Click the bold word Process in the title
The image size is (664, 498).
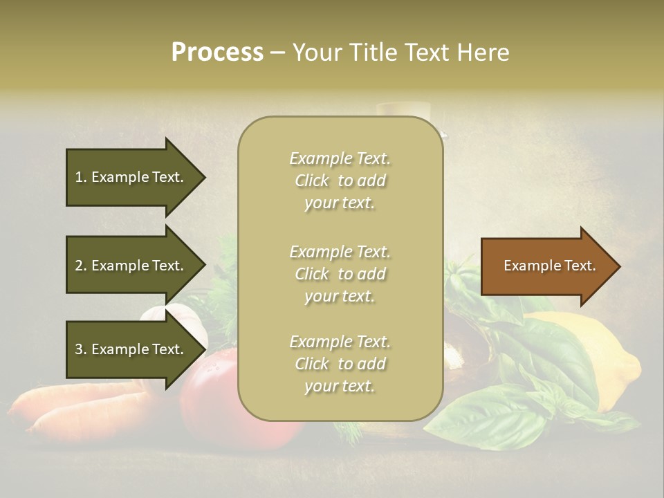tap(217, 53)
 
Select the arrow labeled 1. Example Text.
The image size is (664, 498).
tap(131, 177)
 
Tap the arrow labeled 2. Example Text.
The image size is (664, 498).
tap(131, 266)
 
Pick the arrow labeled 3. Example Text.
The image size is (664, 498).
tap(131, 349)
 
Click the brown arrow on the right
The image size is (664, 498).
tap(546, 266)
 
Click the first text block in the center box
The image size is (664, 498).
tap(340, 181)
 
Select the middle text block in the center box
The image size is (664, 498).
tap(340, 274)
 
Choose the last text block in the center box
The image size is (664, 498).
tap(340, 364)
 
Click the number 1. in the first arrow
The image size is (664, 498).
tap(81, 177)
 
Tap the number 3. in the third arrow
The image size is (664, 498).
tap(81, 349)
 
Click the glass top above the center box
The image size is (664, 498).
tap(403, 109)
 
